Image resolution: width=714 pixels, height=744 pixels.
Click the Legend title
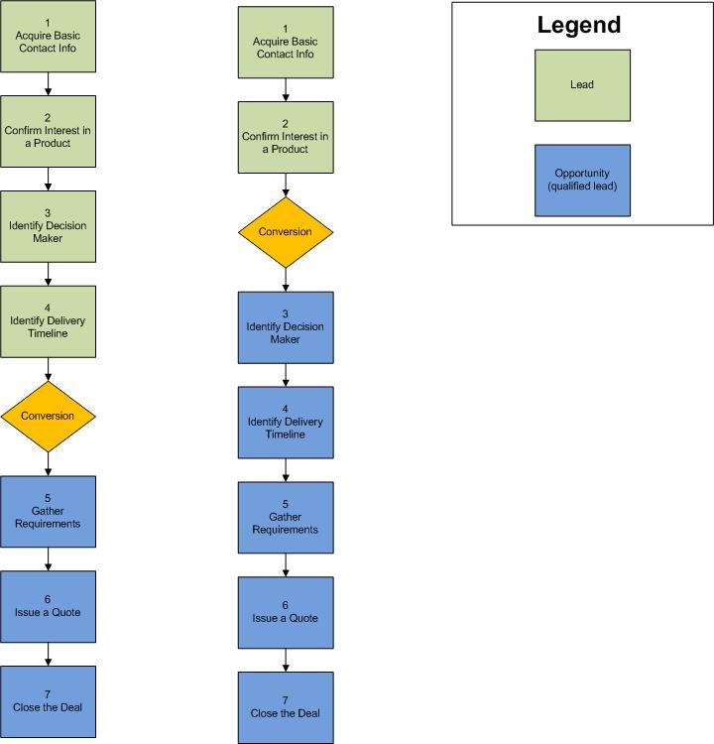click(x=579, y=25)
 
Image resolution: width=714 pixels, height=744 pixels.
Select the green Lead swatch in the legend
click(x=582, y=85)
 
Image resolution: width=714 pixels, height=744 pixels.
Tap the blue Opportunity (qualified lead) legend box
click(x=582, y=181)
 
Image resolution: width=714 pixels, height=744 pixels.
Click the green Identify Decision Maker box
click(x=49, y=226)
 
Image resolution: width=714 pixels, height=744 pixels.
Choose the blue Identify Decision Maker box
click(x=286, y=326)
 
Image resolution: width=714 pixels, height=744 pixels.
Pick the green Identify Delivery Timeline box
click(x=49, y=321)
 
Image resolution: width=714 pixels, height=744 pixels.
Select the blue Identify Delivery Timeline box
click(x=286, y=422)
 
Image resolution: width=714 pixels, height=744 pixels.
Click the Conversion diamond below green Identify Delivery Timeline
click(x=49, y=417)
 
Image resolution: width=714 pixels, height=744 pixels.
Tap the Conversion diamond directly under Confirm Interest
click(x=286, y=232)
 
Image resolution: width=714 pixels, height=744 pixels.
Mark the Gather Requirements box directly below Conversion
click(x=49, y=512)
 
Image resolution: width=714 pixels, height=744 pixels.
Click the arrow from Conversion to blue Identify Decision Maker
click(x=286, y=280)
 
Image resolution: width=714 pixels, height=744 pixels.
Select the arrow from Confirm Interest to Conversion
click(x=286, y=184)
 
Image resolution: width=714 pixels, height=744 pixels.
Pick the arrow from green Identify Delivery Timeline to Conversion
click(x=49, y=369)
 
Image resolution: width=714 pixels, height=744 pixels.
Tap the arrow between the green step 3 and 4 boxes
click(x=49, y=274)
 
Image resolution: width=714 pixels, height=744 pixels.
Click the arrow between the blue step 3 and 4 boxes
click(x=286, y=374)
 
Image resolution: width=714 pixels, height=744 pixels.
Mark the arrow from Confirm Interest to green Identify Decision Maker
click(x=49, y=179)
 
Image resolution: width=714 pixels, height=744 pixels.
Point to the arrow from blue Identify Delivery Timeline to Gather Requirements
click(x=286, y=469)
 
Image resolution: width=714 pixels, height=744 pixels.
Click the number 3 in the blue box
click(x=286, y=313)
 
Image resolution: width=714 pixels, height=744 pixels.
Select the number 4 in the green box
click(x=49, y=308)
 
